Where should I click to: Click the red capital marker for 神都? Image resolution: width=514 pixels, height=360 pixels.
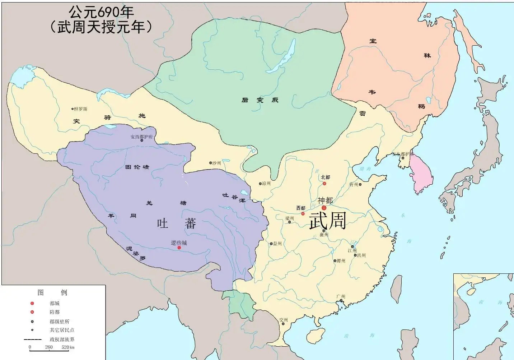(x=324, y=208)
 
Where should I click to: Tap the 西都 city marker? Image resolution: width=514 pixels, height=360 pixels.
(x=303, y=214)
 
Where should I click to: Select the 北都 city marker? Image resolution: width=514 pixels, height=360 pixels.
(x=324, y=184)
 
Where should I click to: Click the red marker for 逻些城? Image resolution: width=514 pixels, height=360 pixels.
(x=179, y=248)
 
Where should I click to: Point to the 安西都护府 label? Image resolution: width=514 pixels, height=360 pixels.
(x=141, y=137)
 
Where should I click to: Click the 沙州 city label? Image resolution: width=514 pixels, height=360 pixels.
(x=217, y=163)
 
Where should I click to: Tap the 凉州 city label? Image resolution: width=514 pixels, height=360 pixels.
(x=266, y=184)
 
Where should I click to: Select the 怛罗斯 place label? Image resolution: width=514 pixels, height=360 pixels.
(x=80, y=109)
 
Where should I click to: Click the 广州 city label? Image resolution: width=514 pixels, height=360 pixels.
(x=341, y=296)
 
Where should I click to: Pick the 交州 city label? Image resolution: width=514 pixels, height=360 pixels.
(x=284, y=320)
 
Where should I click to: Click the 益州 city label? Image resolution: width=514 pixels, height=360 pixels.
(x=277, y=244)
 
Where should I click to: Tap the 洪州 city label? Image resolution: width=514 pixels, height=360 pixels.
(x=361, y=255)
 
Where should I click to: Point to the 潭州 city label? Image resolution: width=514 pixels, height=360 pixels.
(x=341, y=261)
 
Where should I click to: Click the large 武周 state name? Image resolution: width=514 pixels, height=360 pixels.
(x=327, y=221)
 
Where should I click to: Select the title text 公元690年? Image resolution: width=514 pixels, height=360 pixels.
(x=101, y=13)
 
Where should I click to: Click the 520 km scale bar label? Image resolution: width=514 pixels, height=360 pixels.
(x=68, y=347)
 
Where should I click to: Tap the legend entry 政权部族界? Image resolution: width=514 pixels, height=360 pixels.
(x=62, y=340)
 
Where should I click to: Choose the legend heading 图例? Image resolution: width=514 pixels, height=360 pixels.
(x=52, y=292)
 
